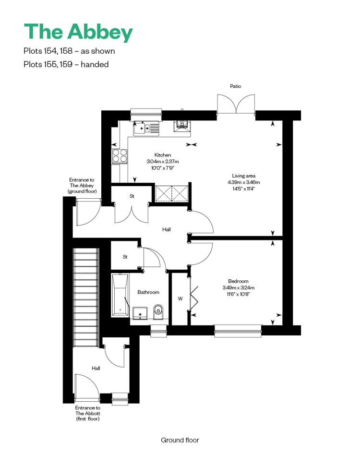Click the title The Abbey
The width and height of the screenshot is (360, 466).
click(x=78, y=32)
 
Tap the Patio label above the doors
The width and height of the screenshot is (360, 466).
click(x=236, y=86)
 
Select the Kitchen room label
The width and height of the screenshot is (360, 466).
click(x=163, y=155)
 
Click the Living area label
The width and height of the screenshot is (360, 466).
click(x=243, y=176)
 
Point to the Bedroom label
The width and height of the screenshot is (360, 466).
click(x=238, y=281)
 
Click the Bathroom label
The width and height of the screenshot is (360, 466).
click(x=148, y=292)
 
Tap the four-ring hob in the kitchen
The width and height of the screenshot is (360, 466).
click(x=120, y=156)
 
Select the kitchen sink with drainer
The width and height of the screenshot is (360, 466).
click(x=146, y=129)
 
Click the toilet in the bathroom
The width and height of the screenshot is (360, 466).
click(x=158, y=312)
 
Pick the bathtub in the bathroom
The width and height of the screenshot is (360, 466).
click(x=120, y=295)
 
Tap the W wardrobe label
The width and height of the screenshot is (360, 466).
click(x=180, y=299)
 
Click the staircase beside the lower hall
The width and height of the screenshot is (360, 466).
click(x=86, y=298)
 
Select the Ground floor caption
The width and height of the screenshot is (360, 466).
click(x=180, y=440)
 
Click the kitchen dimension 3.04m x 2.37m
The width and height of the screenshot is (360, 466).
click(x=163, y=161)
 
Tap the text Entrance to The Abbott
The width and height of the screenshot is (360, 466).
click(x=88, y=410)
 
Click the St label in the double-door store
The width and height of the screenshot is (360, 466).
click(x=132, y=196)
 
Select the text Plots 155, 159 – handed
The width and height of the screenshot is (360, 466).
click(x=66, y=64)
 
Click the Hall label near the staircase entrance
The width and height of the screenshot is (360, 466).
click(x=96, y=368)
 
